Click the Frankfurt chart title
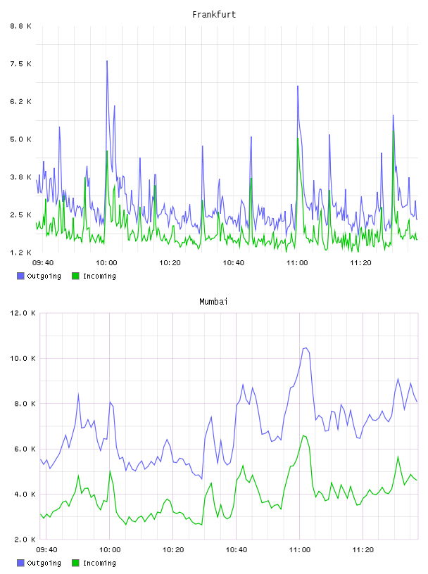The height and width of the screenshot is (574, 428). [x=214, y=15]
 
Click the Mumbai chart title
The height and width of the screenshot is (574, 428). [x=213, y=302]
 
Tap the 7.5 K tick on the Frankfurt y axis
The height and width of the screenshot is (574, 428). [x=21, y=64]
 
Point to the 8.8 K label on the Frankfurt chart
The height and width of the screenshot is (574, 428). [x=21, y=26]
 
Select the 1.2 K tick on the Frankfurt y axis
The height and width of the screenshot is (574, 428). [x=21, y=253]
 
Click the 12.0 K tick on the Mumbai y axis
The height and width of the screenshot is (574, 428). [x=23, y=313]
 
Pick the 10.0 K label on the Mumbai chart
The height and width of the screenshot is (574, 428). [x=23, y=358]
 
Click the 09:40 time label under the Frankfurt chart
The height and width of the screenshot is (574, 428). [x=43, y=263]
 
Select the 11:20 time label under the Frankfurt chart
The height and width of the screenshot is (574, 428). [x=360, y=263]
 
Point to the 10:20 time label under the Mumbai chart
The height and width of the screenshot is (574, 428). [x=173, y=550]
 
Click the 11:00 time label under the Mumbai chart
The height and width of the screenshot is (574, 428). [x=299, y=550]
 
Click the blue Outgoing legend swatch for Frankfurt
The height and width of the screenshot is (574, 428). [x=20, y=276]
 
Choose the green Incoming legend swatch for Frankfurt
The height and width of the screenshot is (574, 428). [x=75, y=276]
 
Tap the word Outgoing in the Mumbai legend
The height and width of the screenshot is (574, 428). [x=44, y=563]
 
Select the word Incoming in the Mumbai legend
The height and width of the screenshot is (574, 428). [x=99, y=563]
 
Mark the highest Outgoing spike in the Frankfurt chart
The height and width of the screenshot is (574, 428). [x=107, y=61]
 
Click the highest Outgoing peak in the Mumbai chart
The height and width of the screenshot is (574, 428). [x=306, y=348]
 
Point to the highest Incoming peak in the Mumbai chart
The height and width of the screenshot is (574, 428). [x=303, y=435]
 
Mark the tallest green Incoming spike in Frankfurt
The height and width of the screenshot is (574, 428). [x=394, y=131]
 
